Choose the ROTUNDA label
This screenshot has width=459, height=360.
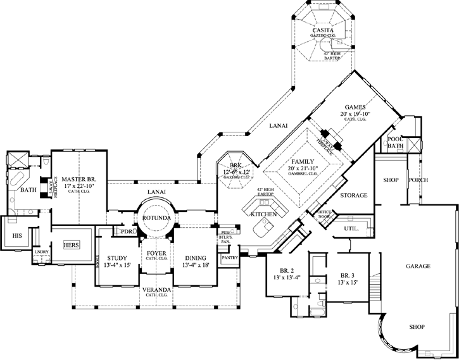(x=155, y=218)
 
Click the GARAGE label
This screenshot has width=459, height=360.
(x=418, y=266)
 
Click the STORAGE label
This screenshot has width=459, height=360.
(x=353, y=196)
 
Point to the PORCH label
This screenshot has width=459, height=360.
(x=418, y=180)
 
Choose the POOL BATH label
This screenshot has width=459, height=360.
(x=395, y=142)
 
